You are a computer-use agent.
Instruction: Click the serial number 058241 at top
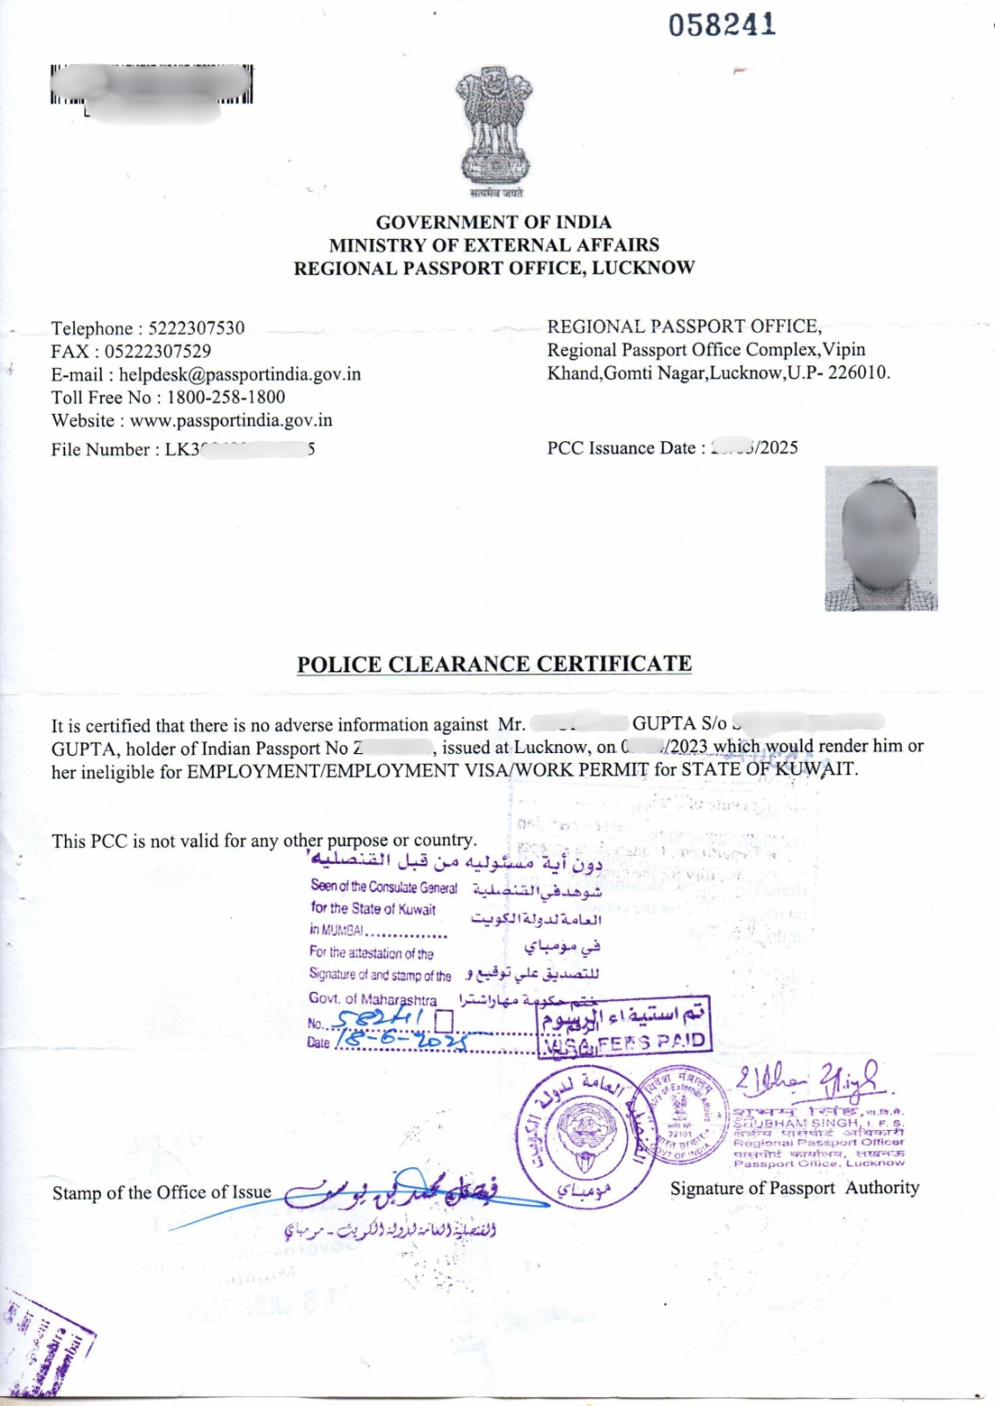coord(722,25)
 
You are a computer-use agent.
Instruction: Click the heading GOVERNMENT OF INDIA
coord(493,222)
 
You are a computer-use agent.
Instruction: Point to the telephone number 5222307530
coord(196,329)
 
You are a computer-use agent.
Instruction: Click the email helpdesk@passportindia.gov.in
coord(240,374)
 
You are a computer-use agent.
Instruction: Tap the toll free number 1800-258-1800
coord(226,397)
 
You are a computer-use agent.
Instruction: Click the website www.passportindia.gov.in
coord(231,420)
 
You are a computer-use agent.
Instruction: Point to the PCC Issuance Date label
coord(625,448)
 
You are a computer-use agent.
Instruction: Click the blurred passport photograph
coord(881,538)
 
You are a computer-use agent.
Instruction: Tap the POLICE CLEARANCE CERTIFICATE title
coord(494,664)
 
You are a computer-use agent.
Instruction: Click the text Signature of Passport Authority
coord(794,1188)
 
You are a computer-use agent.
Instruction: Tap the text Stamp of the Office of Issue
coord(162,1192)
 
